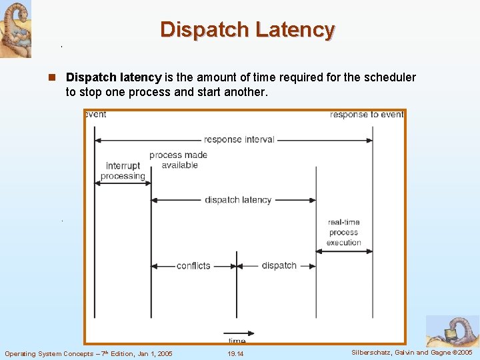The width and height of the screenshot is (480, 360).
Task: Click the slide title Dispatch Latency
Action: [247, 30]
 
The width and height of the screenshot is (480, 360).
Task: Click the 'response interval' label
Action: [239, 140]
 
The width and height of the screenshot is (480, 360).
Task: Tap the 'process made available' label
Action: [178, 160]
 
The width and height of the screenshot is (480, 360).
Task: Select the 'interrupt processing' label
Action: [123, 171]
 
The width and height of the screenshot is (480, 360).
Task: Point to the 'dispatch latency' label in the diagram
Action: [238, 200]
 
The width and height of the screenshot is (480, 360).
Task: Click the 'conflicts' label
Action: [193, 266]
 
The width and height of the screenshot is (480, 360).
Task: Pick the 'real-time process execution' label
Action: [343, 233]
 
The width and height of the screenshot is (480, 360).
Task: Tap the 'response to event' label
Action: [367, 115]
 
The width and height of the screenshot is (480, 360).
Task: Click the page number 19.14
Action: [235, 353]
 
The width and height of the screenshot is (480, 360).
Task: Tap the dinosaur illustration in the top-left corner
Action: [15, 29]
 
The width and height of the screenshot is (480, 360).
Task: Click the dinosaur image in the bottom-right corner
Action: [453, 331]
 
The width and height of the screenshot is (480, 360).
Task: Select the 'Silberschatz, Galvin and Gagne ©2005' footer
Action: [411, 352]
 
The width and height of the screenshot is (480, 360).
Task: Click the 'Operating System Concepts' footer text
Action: [49, 353]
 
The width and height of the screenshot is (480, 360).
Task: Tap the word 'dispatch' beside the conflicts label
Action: [279, 265]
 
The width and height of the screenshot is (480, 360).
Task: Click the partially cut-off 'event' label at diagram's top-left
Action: [96, 115]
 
